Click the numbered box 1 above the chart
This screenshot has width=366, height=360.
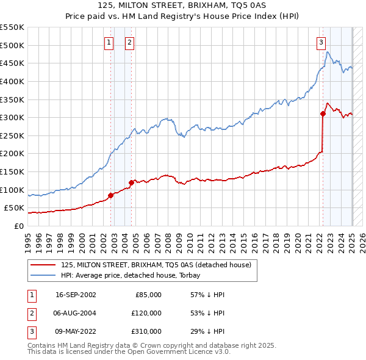tap(109, 42)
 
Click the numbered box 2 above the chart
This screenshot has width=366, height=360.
tap(130, 42)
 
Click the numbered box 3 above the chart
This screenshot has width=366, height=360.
tap(320, 42)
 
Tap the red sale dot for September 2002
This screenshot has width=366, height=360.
tap(111, 195)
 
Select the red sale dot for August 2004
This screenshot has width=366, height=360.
tap(131, 182)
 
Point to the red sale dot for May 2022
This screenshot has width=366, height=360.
tap(323, 113)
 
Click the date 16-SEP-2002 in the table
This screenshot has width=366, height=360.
tap(76, 295)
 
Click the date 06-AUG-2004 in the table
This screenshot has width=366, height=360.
tap(76, 313)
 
